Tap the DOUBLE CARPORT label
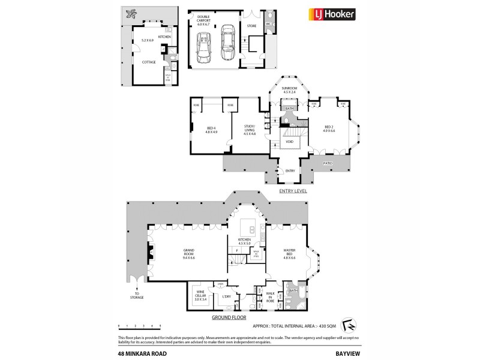[x=200, y=22]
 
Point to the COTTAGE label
[x=149, y=62]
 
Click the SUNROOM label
[x=290, y=90]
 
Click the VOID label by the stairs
[x=289, y=142]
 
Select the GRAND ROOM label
[x=190, y=254]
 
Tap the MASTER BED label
[x=290, y=254]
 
